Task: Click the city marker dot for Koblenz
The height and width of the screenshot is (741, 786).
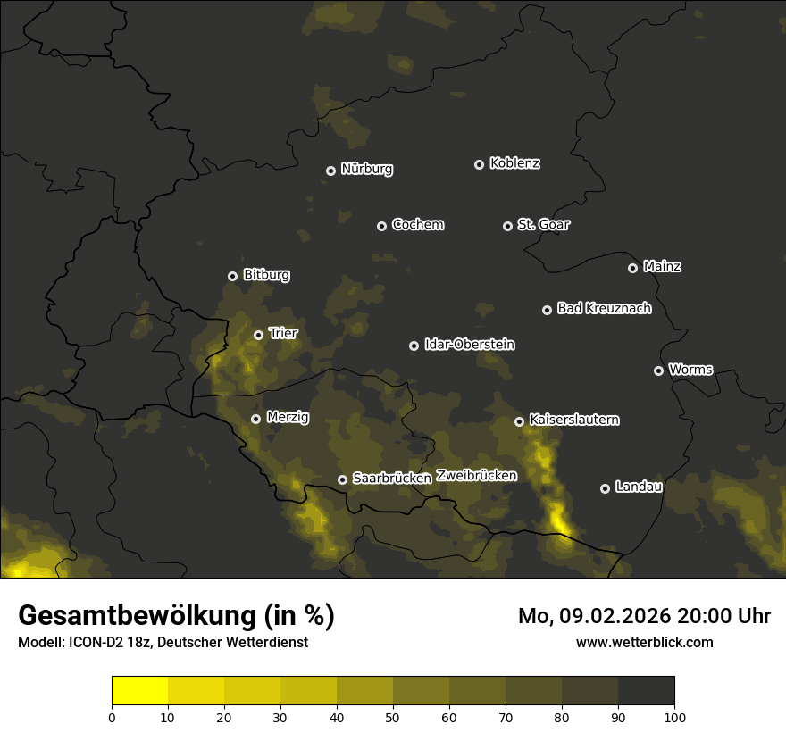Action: click(x=479, y=164)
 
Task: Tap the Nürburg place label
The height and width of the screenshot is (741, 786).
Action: click(x=367, y=170)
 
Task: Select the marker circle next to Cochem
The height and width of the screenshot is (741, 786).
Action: click(x=381, y=226)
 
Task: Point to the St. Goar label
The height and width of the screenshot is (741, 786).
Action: click(x=543, y=225)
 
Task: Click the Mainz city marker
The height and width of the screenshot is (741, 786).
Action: click(x=632, y=268)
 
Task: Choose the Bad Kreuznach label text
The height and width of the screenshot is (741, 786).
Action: click(x=604, y=309)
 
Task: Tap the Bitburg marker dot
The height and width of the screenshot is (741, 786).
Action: click(x=232, y=276)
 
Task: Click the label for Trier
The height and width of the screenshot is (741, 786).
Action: click(x=283, y=334)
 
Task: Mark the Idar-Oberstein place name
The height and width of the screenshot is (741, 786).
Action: click(x=470, y=345)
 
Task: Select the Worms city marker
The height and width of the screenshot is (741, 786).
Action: click(x=658, y=370)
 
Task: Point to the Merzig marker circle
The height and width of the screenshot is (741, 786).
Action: click(x=255, y=419)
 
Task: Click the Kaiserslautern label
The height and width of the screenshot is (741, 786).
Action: click(x=574, y=420)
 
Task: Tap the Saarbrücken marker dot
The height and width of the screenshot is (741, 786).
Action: click(x=342, y=479)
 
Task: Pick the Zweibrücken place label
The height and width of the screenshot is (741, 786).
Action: click(x=477, y=476)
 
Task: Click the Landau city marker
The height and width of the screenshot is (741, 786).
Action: click(x=605, y=488)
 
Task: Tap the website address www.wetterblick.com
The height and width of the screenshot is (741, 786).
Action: click(x=644, y=642)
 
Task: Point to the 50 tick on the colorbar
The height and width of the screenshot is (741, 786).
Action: click(x=393, y=716)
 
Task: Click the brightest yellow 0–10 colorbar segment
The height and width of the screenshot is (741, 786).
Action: click(x=140, y=691)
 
